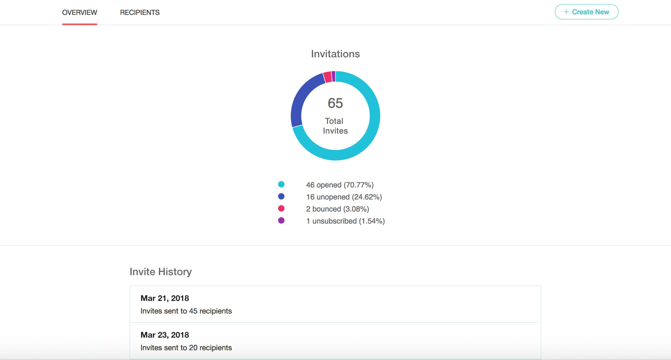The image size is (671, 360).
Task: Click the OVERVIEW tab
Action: click(x=79, y=13)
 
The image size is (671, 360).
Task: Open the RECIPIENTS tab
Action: click(x=140, y=13)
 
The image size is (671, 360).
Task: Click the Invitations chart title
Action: click(x=335, y=54)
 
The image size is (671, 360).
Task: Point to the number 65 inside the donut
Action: click(x=335, y=103)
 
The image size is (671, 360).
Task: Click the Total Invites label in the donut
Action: click(x=335, y=126)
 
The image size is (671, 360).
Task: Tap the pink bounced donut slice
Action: click(x=327, y=77)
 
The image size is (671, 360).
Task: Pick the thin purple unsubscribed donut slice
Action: click(x=333, y=76)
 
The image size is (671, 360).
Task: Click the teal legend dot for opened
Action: click(x=281, y=184)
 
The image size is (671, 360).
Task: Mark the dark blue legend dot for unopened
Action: click(x=281, y=196)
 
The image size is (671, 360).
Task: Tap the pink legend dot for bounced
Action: click(x=281, y=208)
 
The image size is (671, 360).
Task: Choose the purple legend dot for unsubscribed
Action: click(x=281, y=220)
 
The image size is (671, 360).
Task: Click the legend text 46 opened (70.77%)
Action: click(x=340, y=185)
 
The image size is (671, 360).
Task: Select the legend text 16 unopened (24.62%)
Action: click(x=344, y=197)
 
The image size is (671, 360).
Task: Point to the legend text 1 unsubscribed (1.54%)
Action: click(x=345, y=221)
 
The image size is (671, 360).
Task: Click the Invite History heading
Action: click(x=161, y=272)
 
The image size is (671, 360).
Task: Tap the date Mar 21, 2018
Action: click(x=165, y=298)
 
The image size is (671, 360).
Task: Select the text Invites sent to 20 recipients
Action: click(x=186, y=348)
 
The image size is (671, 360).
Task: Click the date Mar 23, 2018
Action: click(x=165, y=335)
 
